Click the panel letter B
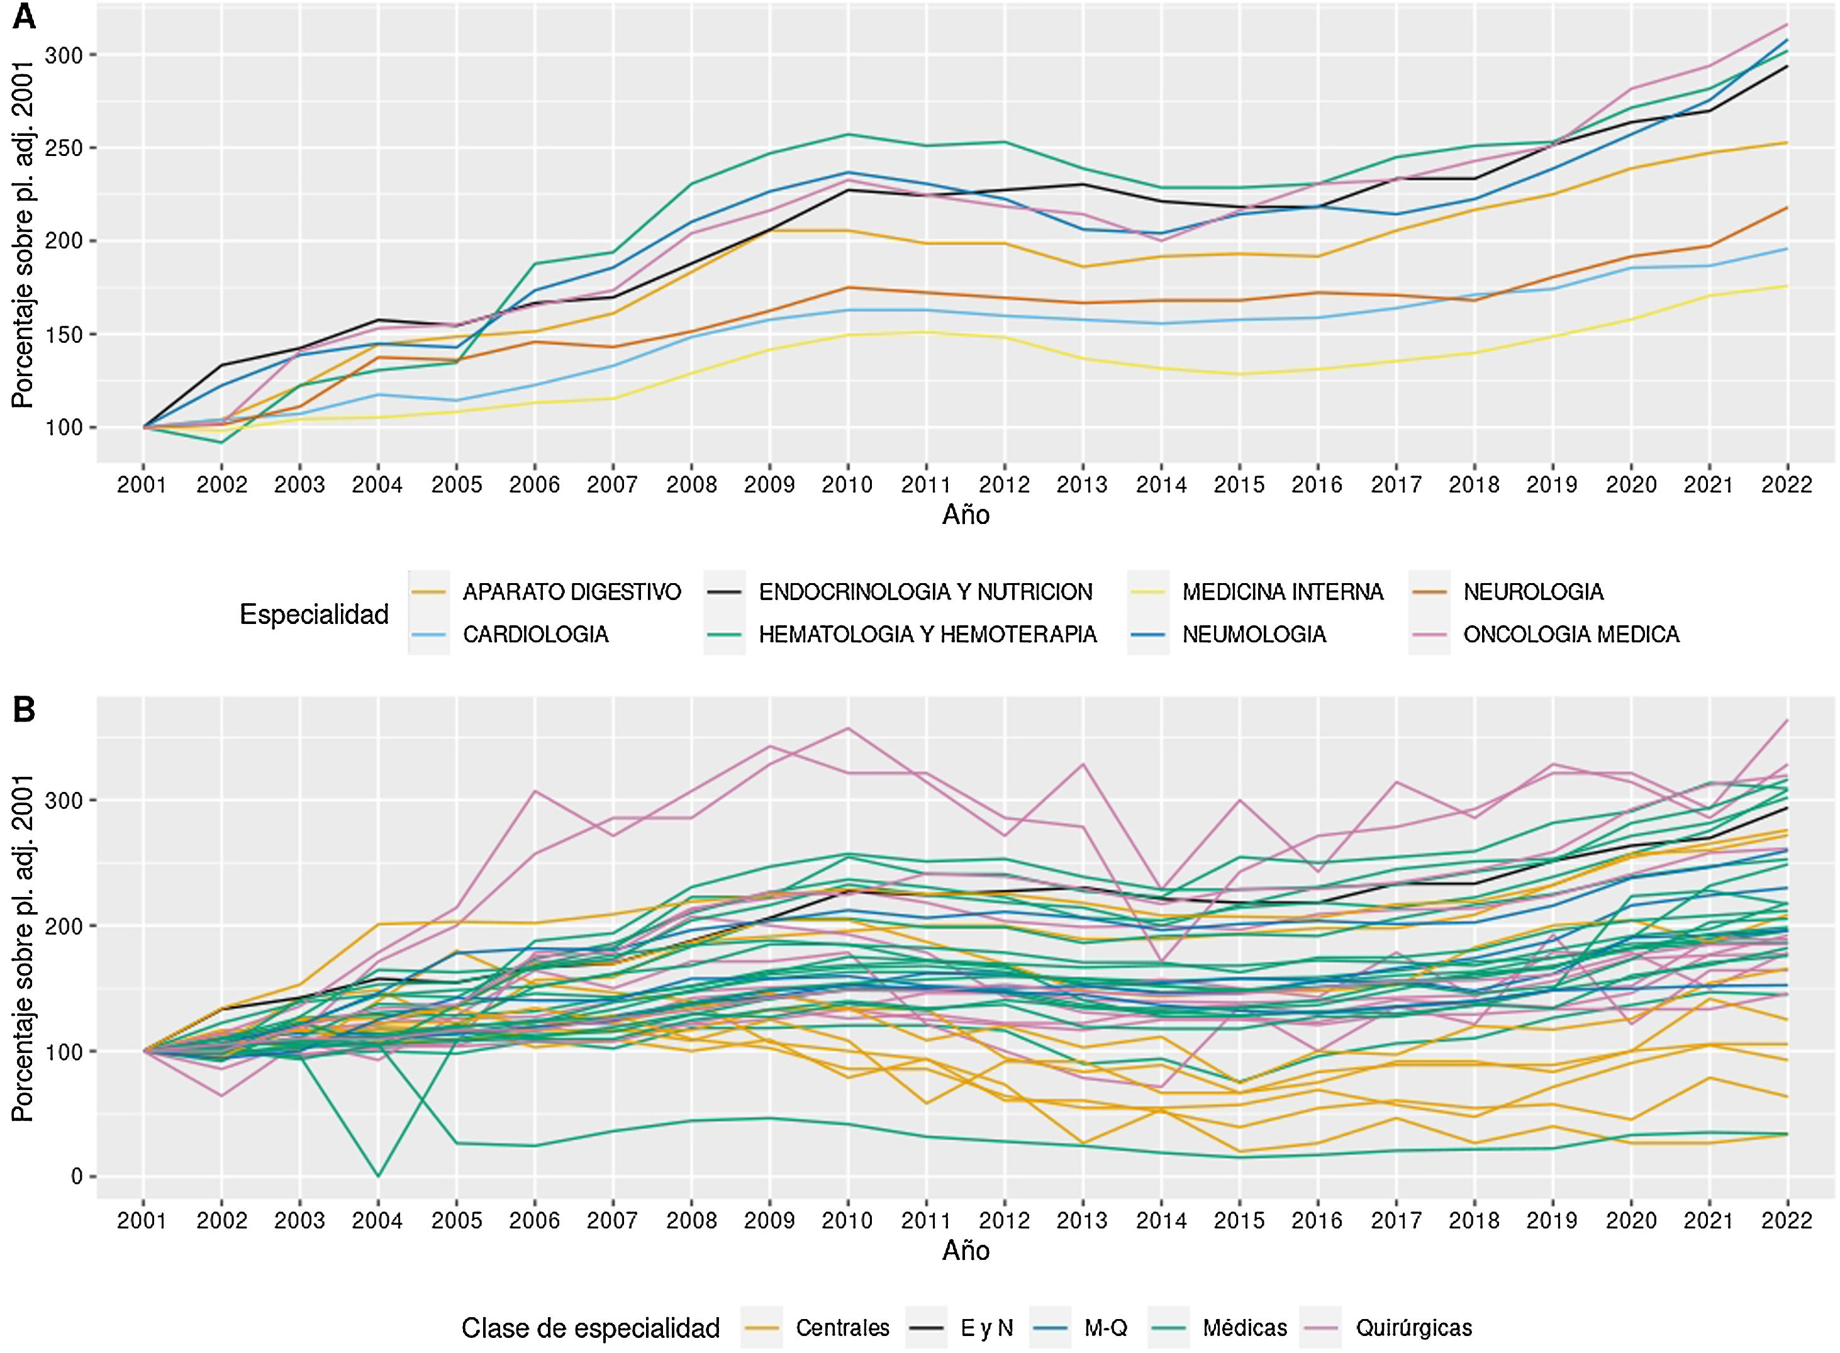[x=25, y=710]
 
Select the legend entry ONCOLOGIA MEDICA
[x=1571, y=635]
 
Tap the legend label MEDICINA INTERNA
[x=1283, y=592]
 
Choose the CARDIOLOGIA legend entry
[x=535, y=635]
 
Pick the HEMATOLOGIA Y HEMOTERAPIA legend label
[x=927, y=635]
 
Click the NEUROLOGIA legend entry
[x=1533, y=592]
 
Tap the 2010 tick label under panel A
[x=847, y=485]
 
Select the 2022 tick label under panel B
[x=1787, y=1220]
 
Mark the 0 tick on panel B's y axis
[x=78, y=1177]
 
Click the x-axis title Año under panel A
[x=966, y=515]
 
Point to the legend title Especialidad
[x=314, y=615]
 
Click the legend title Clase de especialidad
[x=591, y=1328]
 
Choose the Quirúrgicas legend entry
[x=1413, y=1328]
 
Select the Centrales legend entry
[x=842, y=1328]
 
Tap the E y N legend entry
[x=986, y=1328]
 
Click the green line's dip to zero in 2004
[x=377, y=1176]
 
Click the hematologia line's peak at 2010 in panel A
[x=847, y=135]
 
